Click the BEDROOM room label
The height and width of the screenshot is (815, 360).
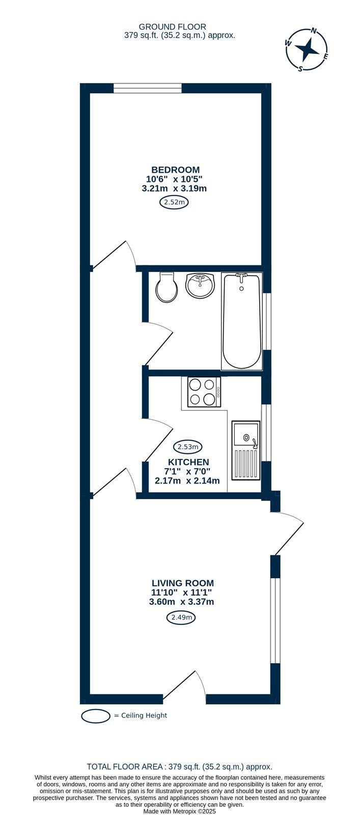pos(175,170)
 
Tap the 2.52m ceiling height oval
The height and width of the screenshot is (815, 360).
pos(174,203)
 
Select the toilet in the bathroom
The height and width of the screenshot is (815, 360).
pos(166,287)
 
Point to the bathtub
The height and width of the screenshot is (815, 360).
pos(242,321)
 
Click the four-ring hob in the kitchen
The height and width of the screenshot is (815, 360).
pos(204,392)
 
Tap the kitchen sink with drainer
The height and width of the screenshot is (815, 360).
pos(246,450)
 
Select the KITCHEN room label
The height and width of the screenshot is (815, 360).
pos(188,462)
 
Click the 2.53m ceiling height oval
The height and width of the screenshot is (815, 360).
pos(187,447)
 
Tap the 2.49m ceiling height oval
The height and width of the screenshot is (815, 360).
pos(181,617)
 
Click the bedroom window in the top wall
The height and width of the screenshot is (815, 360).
pos(147,88)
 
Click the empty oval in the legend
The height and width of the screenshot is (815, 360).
pos(96,715)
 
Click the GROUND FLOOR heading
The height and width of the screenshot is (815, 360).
pos(173,26)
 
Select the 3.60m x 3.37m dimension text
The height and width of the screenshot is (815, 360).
pos(181,602)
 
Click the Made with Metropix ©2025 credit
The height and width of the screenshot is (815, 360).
pos(180,811)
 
